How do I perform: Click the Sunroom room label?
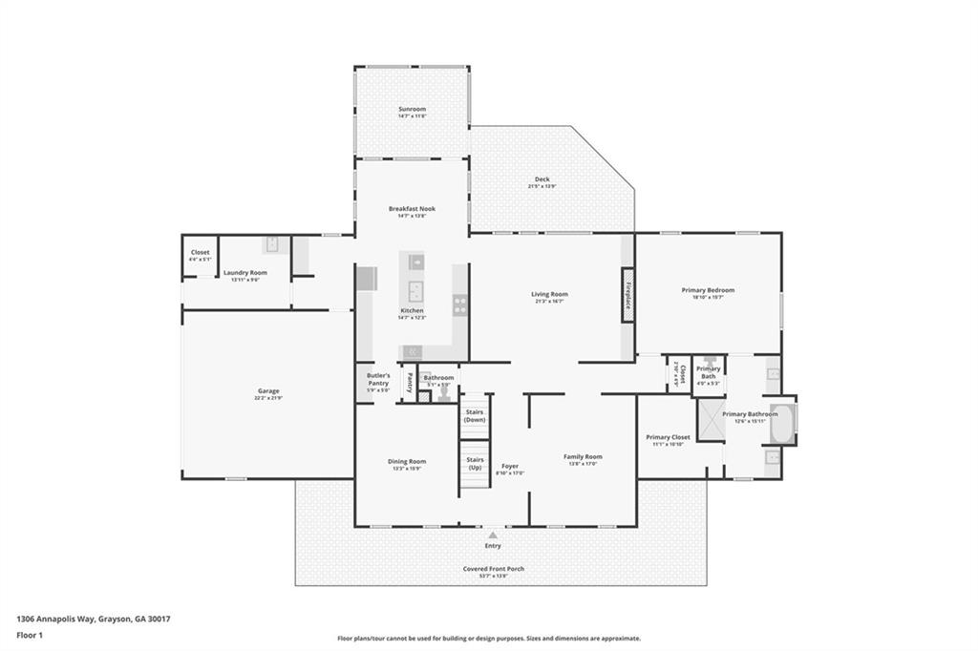(412, 110)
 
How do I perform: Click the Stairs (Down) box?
(475, 416)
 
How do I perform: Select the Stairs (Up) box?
(475, 463)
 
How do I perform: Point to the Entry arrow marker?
(493, 535)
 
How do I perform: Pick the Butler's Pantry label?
(378, 380)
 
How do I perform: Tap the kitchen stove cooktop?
(459, 304)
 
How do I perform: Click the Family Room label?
(583, 457)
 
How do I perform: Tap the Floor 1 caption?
(30, 634)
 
